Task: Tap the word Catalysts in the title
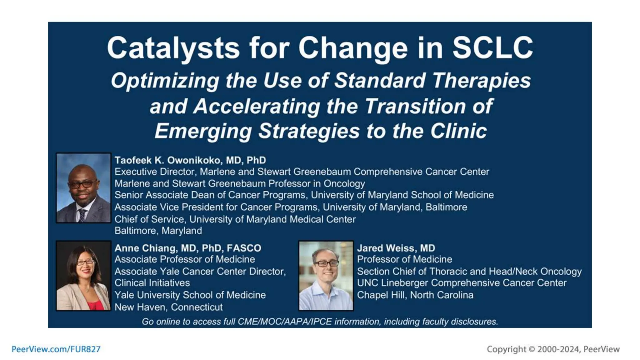[173, 48]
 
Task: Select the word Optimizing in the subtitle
[165, 81]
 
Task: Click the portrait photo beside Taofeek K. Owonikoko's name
[83, 188]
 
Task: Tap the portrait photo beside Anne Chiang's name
[83, 276]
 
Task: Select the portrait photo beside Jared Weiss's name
[326, 276]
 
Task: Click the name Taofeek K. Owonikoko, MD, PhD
[190, 160]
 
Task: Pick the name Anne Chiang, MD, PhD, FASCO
[187, 248]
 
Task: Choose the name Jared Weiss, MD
[396, 248]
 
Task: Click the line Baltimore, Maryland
[158, 231]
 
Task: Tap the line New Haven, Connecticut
[168, 307]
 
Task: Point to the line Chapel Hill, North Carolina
[415, 295]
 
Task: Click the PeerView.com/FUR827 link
[56, 349]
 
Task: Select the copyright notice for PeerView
[553, 349]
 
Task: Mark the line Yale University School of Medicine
[190, 295]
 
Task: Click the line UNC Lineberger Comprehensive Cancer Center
[462, 283]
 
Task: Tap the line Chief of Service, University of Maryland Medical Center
[235, 219]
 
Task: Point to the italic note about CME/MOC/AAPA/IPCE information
[320, 322]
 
